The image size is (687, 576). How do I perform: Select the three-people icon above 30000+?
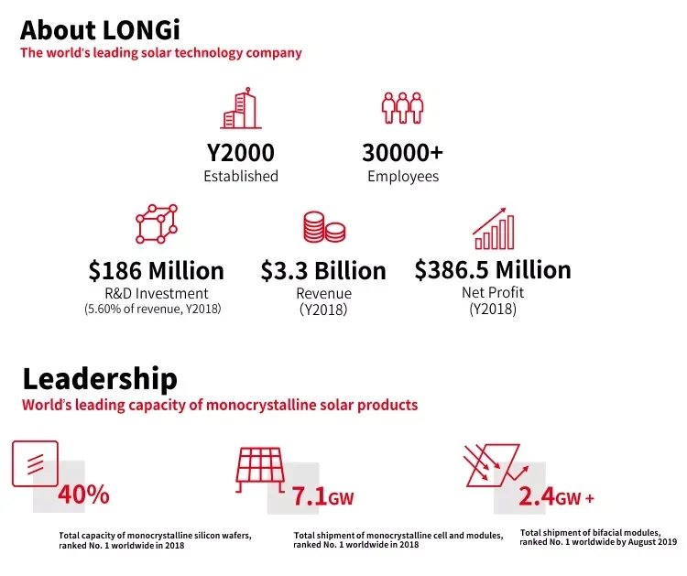tap(403, 108)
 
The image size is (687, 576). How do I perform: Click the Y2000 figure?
tap(241, 152)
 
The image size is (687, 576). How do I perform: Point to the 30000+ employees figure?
tap(403, 152)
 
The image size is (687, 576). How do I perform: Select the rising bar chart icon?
tap(493, 228)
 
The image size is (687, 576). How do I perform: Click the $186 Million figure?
tap(156, 271)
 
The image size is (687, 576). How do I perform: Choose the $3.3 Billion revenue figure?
tap(323, 271)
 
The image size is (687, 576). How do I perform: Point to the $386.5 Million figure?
tap(493, 270)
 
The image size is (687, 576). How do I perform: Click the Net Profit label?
tap(493, 293)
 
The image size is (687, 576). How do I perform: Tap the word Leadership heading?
tap(100, 378)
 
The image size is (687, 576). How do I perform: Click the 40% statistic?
tap(83, 495)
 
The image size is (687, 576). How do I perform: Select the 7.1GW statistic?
tap(322, 497)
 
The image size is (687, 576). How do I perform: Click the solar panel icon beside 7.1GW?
tap(272, 473)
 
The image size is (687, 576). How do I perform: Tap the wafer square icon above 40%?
tap(35, 463)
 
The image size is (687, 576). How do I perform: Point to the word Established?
tap(241, 176)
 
